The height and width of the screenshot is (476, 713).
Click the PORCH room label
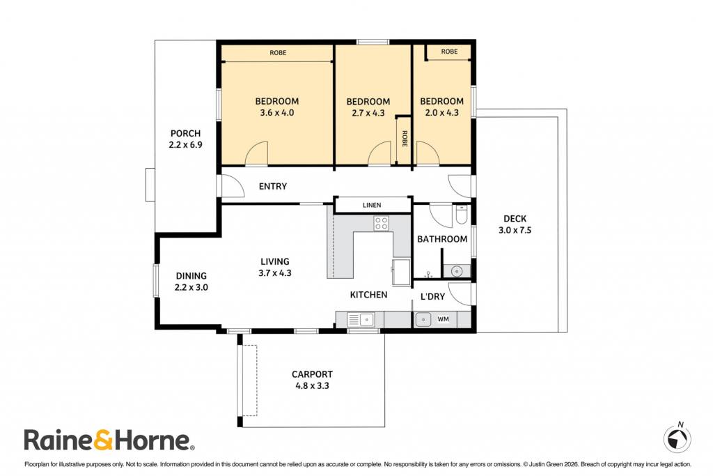pyautogui.click(x=185, y=133)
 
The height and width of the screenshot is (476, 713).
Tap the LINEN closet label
pyautogui.click(x=372, y=205)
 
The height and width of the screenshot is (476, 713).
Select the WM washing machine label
pyautogui.click(x=444, y=319)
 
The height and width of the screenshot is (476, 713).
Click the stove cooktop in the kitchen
pyautogui.click(x=382, y=223)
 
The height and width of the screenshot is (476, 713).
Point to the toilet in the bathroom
pyautogui.click(x=461, y=215)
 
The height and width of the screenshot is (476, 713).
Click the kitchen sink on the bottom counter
pyautogui.click(x=361, y=319)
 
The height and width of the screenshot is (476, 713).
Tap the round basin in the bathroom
pyautogui.click(x=457, y=271)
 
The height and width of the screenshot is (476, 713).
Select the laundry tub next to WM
pyautogui.click(x=423, y=319)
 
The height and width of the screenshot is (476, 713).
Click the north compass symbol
pyautogui.click(x=677, y=438)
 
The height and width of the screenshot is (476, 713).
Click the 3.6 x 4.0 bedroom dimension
pyautogui.click(x=277, y=112)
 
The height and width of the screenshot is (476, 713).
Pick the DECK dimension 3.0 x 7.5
pyautogui.click(x=515, y=230)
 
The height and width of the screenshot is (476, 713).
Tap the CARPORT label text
pyautogui.click(x=312, y=374)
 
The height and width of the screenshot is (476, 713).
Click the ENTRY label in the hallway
pyautogui.click(x=273, y=186)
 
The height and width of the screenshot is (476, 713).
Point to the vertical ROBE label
pyautogui.click(x=405, y=139)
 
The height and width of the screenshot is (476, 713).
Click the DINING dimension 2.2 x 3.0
pyautogui.click(x=191, y=287)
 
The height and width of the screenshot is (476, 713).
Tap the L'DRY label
pyautogui.click(x=432, y=297)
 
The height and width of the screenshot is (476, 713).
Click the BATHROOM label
pyautogui.click(x=442, y=239)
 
